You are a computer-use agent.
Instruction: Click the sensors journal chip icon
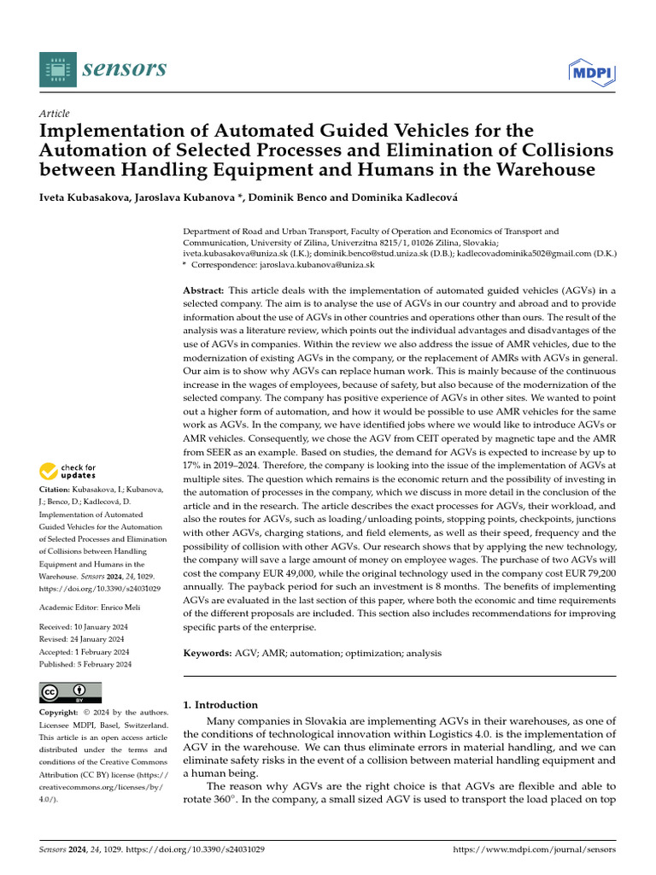56,68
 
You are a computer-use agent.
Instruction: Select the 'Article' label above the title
55,114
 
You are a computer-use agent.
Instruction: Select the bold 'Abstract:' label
205,291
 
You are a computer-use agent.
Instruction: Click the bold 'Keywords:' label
208,653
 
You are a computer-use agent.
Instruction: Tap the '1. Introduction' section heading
220,705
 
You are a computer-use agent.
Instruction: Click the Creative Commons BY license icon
70,692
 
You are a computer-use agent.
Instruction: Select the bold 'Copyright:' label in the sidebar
59,713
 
